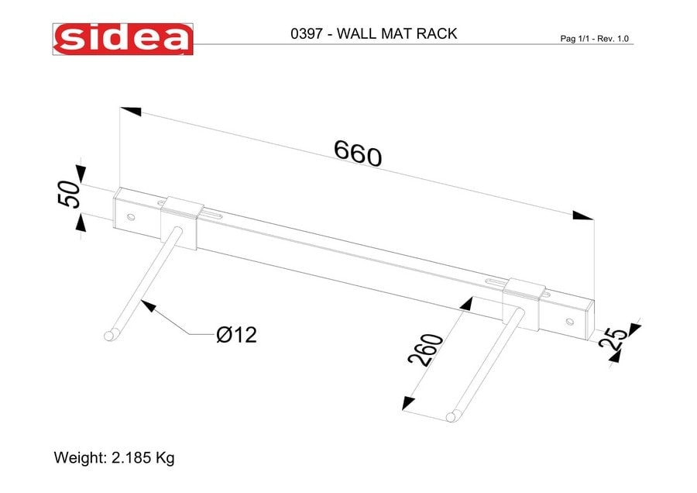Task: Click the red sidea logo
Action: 123,38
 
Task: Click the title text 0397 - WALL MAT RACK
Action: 373,34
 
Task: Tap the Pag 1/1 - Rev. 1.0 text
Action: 594,38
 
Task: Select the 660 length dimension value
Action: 358,153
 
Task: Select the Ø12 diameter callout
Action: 236,335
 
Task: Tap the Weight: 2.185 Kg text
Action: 114,457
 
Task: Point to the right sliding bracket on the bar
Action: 521,298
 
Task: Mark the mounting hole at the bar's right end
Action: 570,320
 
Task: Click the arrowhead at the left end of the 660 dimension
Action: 130,111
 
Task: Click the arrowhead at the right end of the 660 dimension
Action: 582,215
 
